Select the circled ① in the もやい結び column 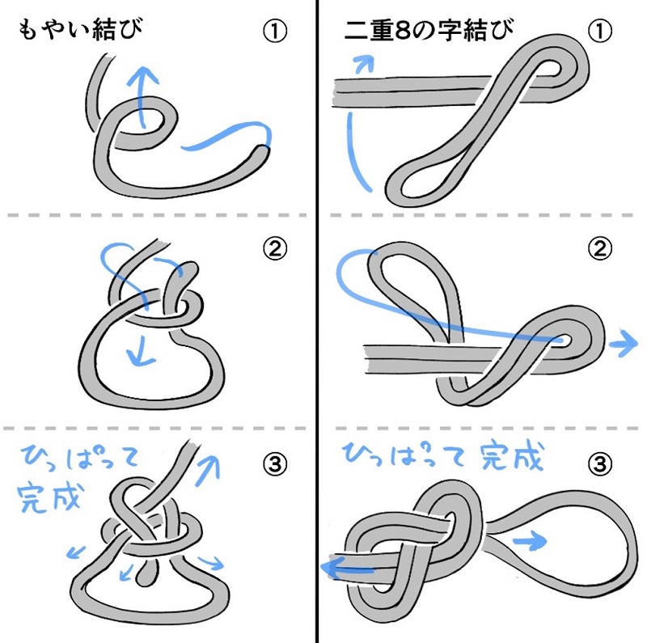point(274,32)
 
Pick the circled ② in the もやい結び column point(274,250)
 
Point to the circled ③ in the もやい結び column point(274,463)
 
